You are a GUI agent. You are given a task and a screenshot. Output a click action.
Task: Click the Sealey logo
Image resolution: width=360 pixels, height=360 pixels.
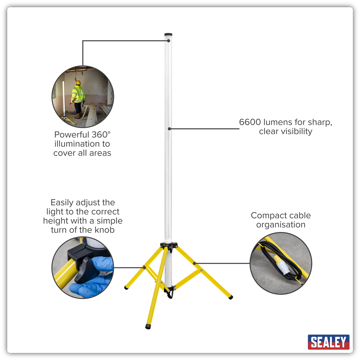point(328,342)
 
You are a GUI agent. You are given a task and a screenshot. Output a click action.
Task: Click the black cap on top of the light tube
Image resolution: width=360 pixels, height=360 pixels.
point(168,34)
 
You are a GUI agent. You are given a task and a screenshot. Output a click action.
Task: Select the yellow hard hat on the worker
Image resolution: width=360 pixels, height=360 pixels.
point(78,82)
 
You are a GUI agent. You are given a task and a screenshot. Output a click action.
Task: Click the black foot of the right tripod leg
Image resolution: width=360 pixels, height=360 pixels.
point(231,297)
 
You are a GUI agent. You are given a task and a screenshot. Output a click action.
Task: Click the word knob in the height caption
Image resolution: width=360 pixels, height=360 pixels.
point(105,230)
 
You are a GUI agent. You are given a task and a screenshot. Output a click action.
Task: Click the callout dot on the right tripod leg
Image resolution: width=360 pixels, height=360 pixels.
point(194,263)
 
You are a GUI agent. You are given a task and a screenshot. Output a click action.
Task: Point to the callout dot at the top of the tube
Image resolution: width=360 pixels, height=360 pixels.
point(169,41)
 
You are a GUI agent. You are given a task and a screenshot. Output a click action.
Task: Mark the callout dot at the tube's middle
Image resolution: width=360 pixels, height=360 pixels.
point(169,129)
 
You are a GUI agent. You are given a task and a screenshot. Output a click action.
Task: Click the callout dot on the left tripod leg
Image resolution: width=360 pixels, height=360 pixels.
point(144,268)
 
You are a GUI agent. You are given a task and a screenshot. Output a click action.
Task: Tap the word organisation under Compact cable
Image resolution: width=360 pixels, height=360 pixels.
point(280,225)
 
